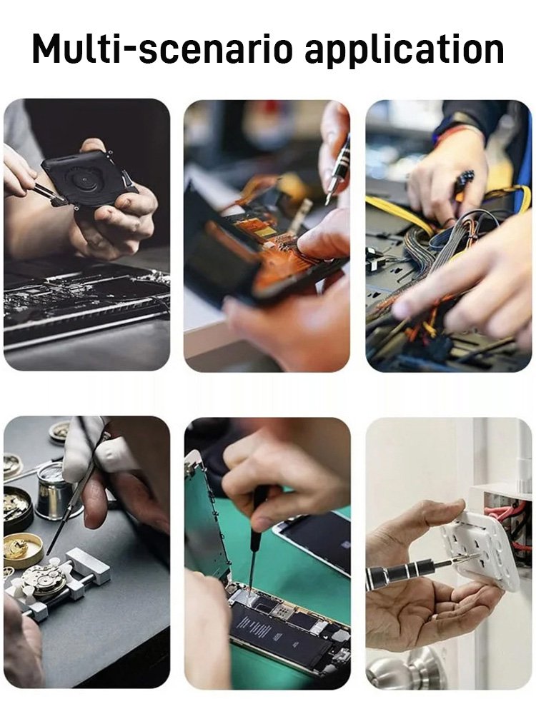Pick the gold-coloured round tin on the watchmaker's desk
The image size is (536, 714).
(x=23, y=548)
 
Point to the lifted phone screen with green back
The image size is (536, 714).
(x=206, y=515)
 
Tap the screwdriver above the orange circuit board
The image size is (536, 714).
(x=337, y=169)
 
